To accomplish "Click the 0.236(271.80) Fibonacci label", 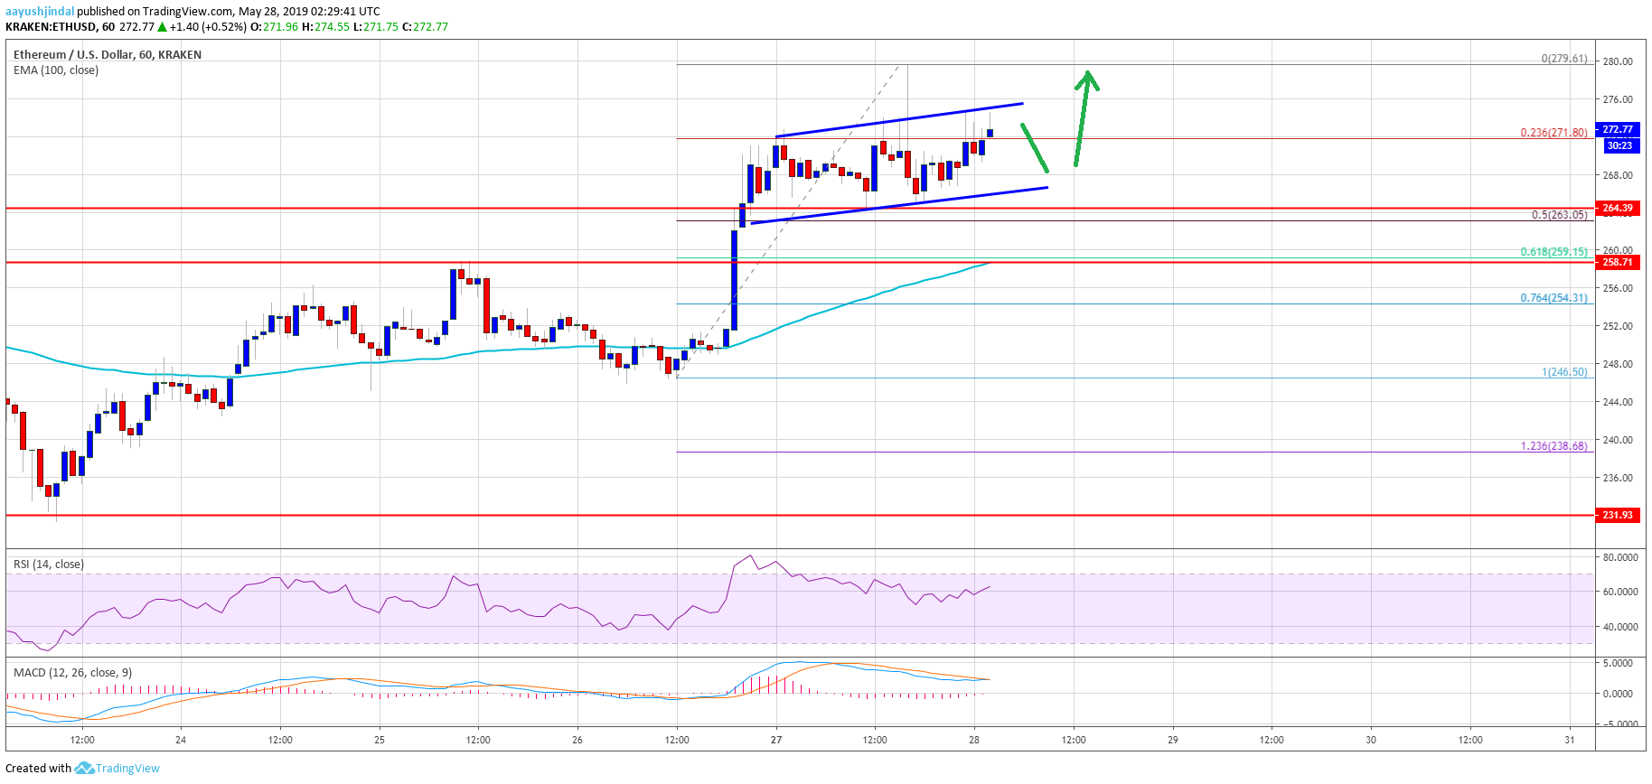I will [x=1553, y=133].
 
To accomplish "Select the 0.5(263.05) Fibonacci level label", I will [x=1559, y=215].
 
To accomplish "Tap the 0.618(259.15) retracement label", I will [x=1553, y=252].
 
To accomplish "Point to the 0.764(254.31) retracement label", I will [x=1553, y=298].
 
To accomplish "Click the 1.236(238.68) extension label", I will [x=1553, y=446].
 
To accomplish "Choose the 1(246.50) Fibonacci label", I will [x=1563, y=372].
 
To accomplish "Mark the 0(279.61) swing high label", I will [x=1563, y=59].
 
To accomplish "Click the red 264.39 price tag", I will [x=1617, y=209].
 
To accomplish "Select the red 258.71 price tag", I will [x=1617, y=263].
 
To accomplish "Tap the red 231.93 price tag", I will [x=1617, y=515].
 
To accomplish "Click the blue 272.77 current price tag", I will [x=1618, y=130].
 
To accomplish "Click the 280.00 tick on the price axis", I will [x=1617, y=62].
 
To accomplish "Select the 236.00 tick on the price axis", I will [x=1617, y=478].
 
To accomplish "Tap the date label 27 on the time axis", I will [x=775, y=740].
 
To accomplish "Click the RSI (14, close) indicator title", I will [x=49, y=565].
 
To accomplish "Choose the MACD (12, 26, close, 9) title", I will [x=72, y=673].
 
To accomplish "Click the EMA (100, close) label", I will [x=56, y=70].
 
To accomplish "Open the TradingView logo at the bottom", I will [x=118, y=769].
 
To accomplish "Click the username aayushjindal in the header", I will [x=40, y=12].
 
